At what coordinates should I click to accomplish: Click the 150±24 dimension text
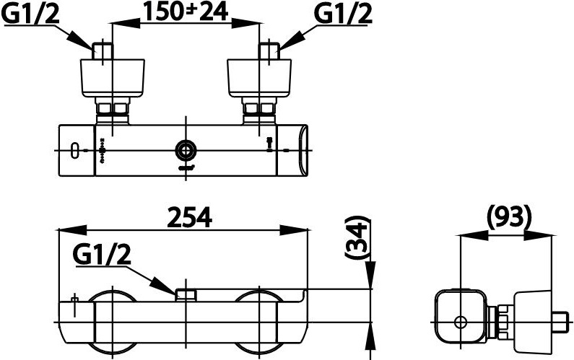click(185, 12)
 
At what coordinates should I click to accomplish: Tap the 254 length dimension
click(190, 218)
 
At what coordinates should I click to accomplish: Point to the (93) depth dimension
click(509, 217)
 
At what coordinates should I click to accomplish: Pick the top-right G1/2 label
click(343, 14)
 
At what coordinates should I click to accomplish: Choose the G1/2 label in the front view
click(102, 255)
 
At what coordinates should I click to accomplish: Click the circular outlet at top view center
click(186, 150)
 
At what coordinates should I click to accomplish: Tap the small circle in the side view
click(460, 322)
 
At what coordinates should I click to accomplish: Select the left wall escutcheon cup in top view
click(113, 78)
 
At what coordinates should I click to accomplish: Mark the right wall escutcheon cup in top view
click(259, 78)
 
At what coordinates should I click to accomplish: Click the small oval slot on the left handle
click(75, 150)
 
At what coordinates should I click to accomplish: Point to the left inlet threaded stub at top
click(103, 51)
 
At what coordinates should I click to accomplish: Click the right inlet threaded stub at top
click(270, 51)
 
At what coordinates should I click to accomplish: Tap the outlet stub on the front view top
click(186, 295)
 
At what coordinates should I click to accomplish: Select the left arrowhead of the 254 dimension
click(72, 230)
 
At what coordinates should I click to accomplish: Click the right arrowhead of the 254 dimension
click(294, 230)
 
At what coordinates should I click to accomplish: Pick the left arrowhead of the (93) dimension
click(474, 235)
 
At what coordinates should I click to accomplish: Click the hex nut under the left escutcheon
click(113, 109)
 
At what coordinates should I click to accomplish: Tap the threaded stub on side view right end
click(562, 322)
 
